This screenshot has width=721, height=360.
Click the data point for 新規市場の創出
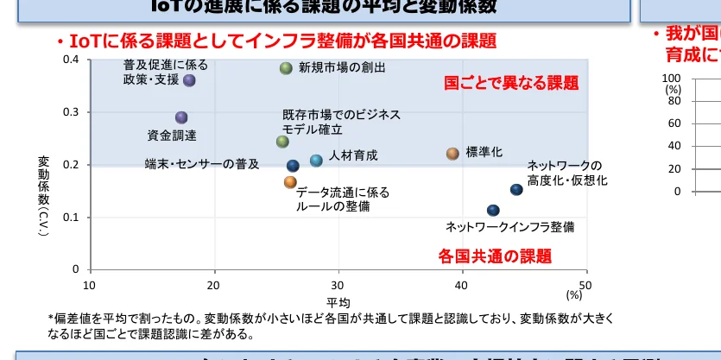[286, 68]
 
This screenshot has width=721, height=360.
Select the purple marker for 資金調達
[181, 117]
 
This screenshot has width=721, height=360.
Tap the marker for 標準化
[452, 154]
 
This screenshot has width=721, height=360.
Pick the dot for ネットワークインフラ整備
[493, 211]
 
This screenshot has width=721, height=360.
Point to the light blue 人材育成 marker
[316, 161]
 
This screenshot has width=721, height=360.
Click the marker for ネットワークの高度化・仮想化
[516, 189]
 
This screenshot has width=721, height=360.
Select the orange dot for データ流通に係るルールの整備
[290, 182]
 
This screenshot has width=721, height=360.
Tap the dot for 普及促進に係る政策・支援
[189, 80]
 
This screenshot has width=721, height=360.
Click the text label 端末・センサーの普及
[201, 164]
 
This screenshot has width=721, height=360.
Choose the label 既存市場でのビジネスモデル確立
[329, 122]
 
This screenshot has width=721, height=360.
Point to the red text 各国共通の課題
[494, 256]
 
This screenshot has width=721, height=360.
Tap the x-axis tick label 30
[337, 286]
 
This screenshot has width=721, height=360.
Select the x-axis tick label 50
[585, 286]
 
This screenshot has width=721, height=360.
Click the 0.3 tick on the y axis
[72, 112]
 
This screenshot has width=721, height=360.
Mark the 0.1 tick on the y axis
[72, 218]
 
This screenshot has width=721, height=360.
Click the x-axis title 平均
[338, 302]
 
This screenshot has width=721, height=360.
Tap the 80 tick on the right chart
[674, 101]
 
